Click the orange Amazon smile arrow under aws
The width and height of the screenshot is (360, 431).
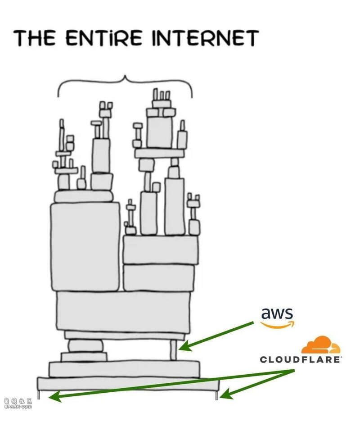pos(277,324)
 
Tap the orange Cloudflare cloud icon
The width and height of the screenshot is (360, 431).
pos(320,345)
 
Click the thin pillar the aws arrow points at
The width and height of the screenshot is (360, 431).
pos(173,350)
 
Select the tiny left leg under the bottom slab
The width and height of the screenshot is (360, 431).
pos(40,395)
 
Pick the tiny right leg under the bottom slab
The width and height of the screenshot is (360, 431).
pos(216,395)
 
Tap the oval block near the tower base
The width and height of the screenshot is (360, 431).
pos(85,346)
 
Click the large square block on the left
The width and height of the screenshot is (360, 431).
pos(85,246)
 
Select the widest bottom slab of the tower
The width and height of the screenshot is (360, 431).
pos(128,384)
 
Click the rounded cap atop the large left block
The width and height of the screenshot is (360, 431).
pos(84,196)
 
